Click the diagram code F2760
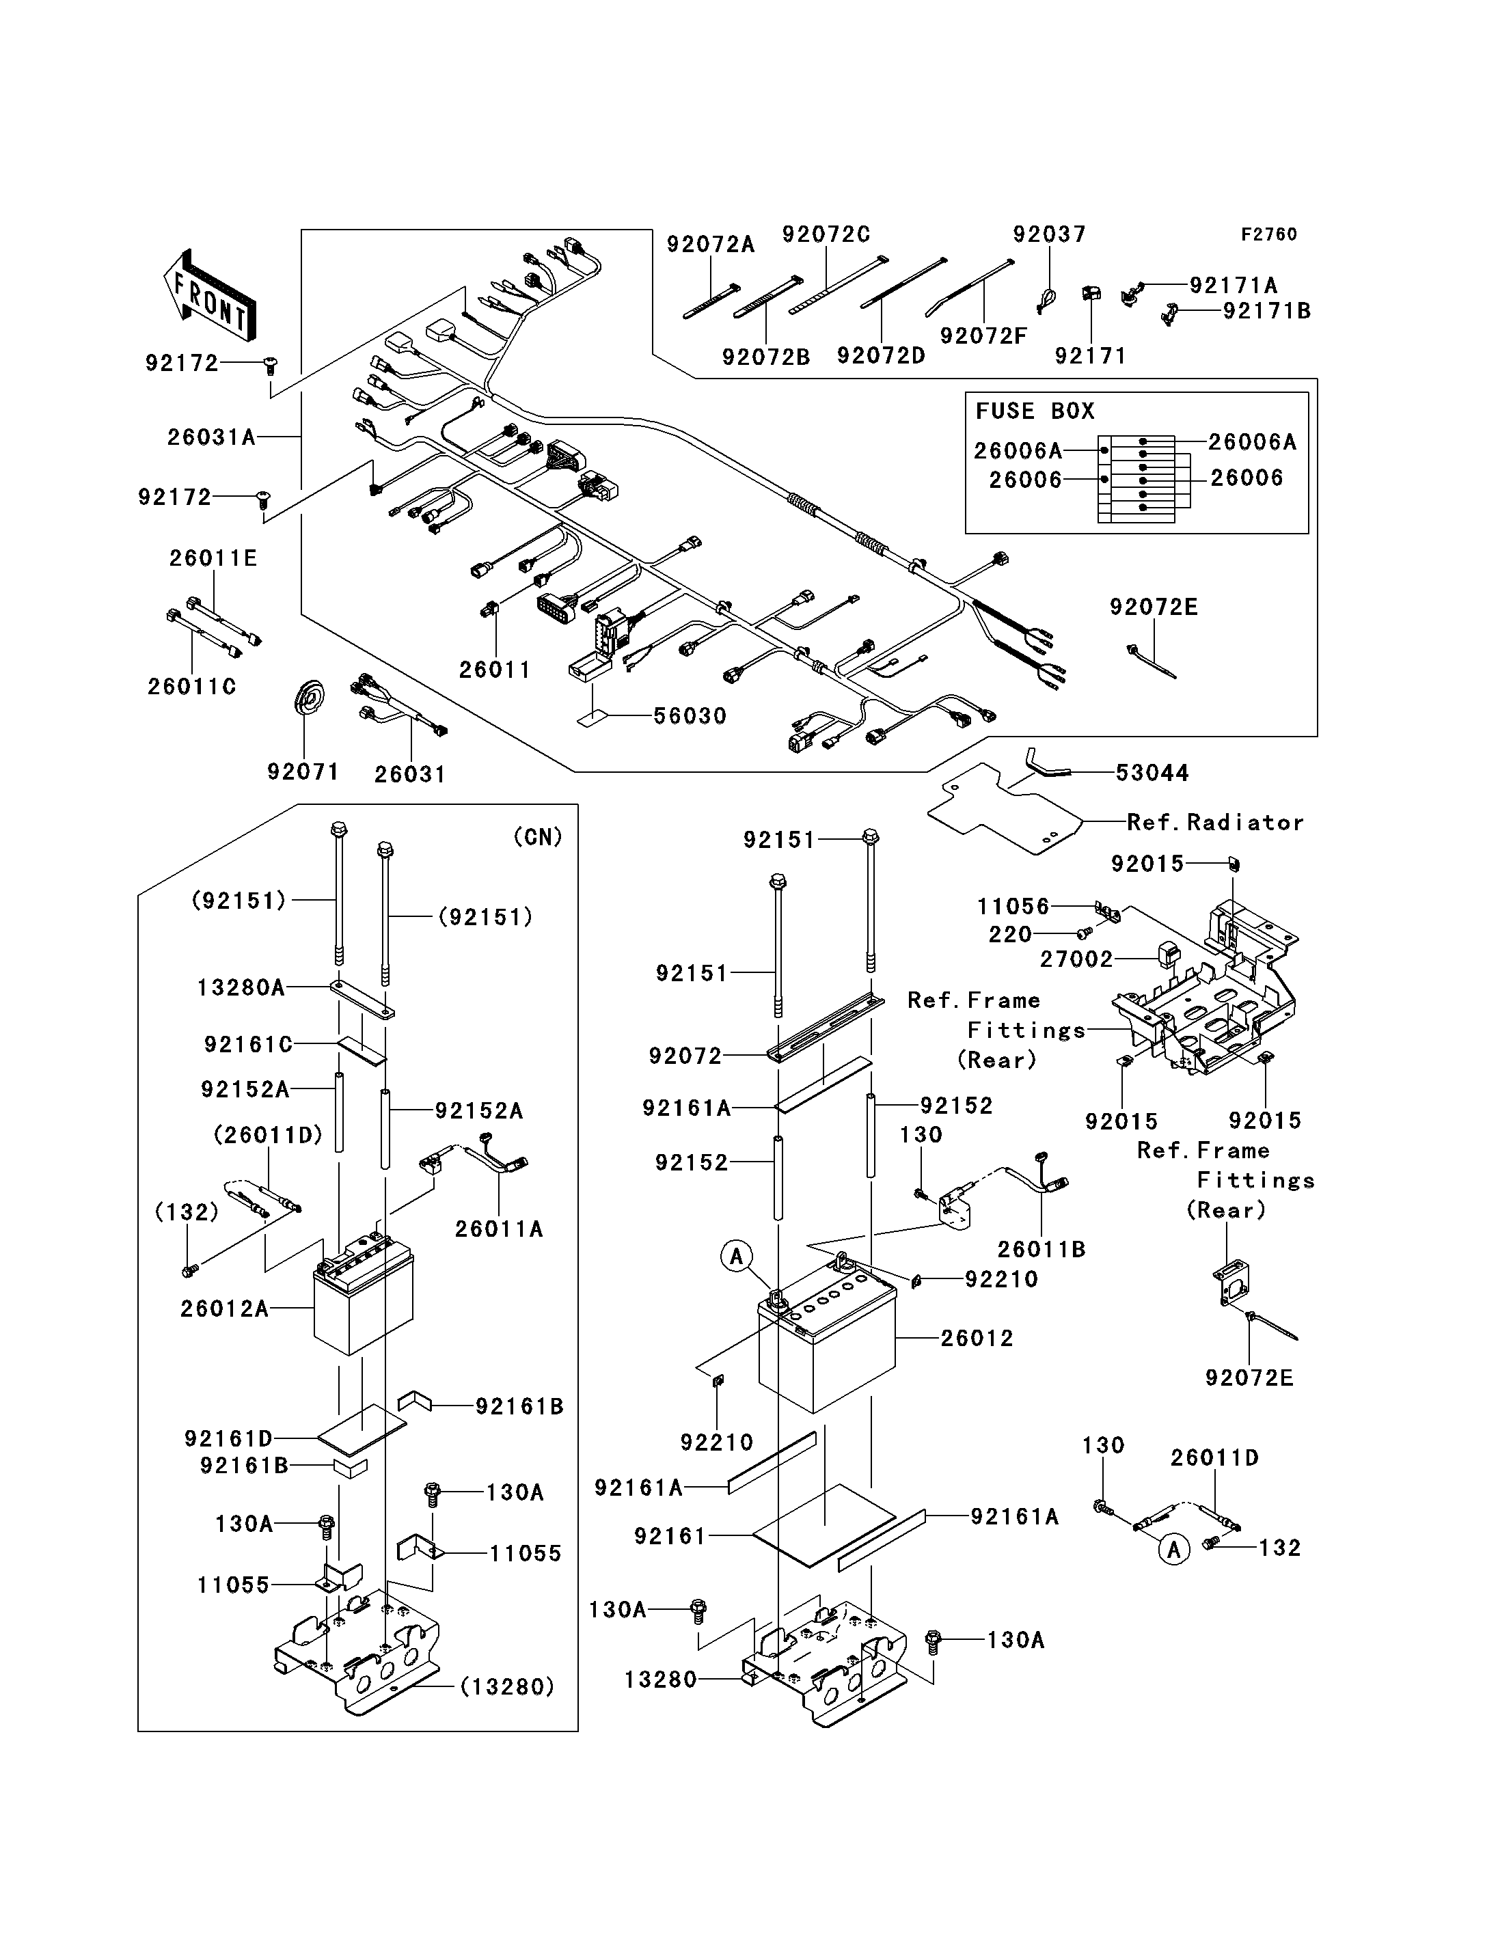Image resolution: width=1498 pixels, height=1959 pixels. pos(1269,234)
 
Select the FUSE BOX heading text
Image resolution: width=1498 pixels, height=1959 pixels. pos(1035,411)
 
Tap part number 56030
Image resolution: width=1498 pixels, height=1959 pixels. pos(690,716)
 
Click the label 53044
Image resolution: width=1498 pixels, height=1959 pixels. pos(1152,773)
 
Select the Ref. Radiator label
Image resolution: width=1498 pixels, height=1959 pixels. pos(1215,822)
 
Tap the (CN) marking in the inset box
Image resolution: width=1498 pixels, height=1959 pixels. pos(538,836)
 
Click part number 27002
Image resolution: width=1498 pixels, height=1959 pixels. pos(1077,959)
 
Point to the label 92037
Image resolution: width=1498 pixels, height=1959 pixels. pos(1050,234)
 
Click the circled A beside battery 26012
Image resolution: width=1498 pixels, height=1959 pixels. pos(737,1257)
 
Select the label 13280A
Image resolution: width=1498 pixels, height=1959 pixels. pos(241,988)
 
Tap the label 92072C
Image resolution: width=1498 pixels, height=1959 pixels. pos(826,234)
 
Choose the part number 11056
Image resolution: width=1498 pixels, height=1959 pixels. pos(1014,907)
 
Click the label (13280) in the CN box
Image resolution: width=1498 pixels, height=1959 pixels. pos(507,1687)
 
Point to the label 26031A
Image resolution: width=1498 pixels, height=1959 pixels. pos(211,437)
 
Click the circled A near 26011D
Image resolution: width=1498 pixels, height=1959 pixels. pos(1173,1550)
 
